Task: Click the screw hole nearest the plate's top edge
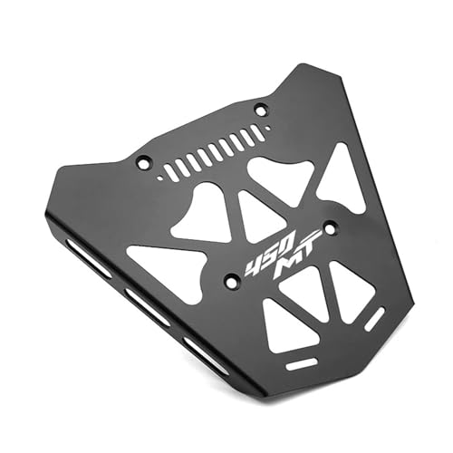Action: pyautogui.click(x=262, y=109)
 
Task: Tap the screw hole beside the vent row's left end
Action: pyautogui.click(x=142, y=162)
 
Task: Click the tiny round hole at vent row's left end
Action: pyautogui.click(x=160, y=178)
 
